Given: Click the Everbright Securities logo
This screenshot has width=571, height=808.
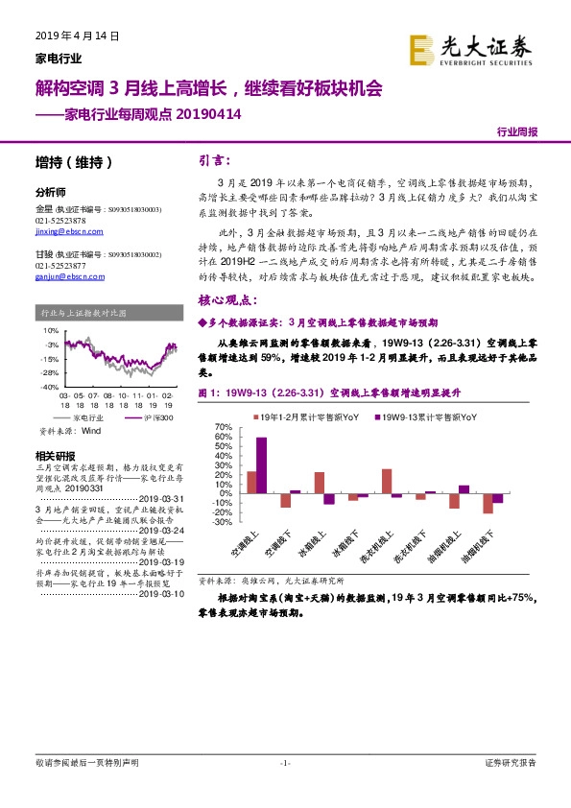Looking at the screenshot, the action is tap(469, 47).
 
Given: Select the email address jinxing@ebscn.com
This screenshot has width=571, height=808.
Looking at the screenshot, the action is tap(61, 232).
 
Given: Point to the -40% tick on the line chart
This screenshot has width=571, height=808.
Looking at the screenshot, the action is tap(47, 386).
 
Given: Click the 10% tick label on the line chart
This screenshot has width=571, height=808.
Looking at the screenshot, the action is tap(50, 330).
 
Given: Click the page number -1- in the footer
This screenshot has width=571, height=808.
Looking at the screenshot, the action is tap(285, 763).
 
